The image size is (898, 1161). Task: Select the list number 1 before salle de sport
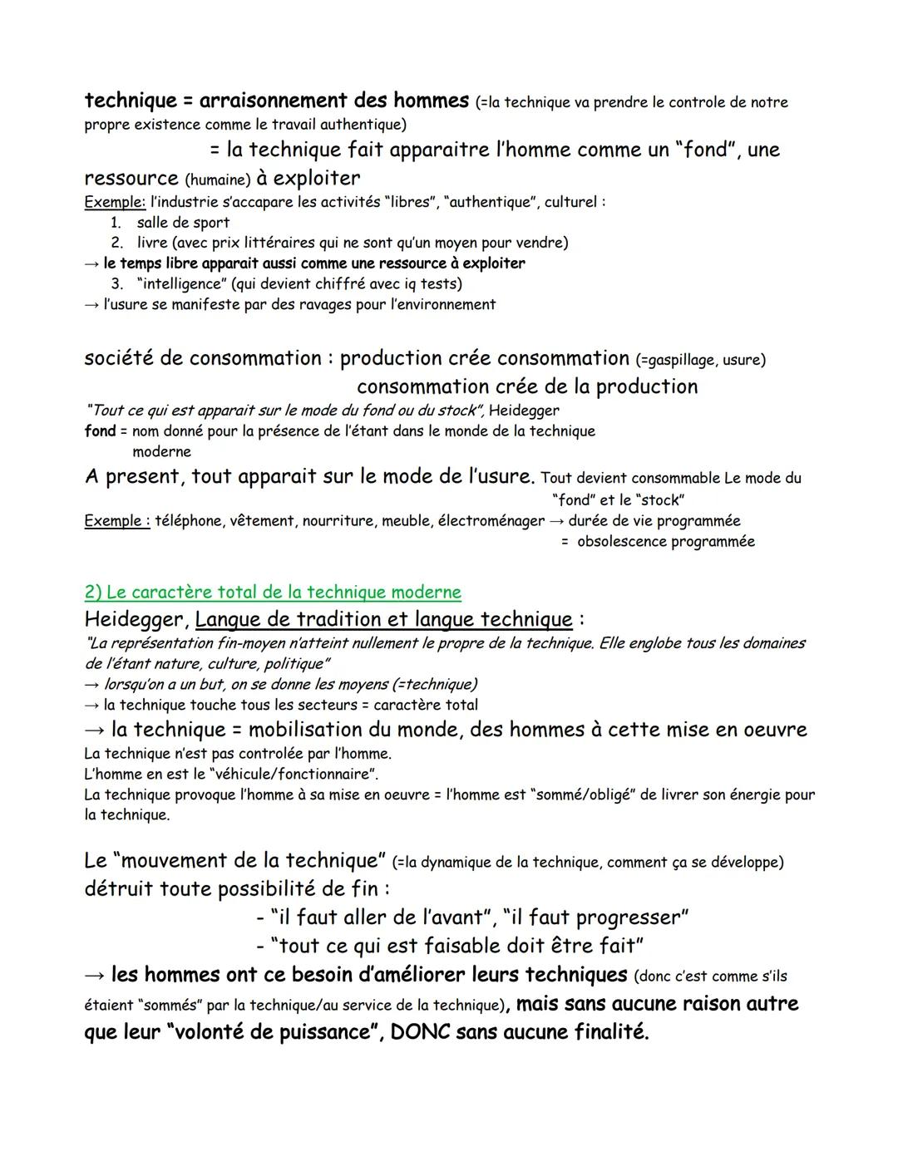116,223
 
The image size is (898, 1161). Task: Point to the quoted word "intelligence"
184,283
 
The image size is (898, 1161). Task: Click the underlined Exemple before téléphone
116,521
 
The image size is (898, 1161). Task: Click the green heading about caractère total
273,592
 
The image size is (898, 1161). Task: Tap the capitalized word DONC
420,1032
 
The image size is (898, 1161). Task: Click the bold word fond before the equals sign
99,431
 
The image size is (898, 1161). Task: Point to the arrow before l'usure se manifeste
91,304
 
